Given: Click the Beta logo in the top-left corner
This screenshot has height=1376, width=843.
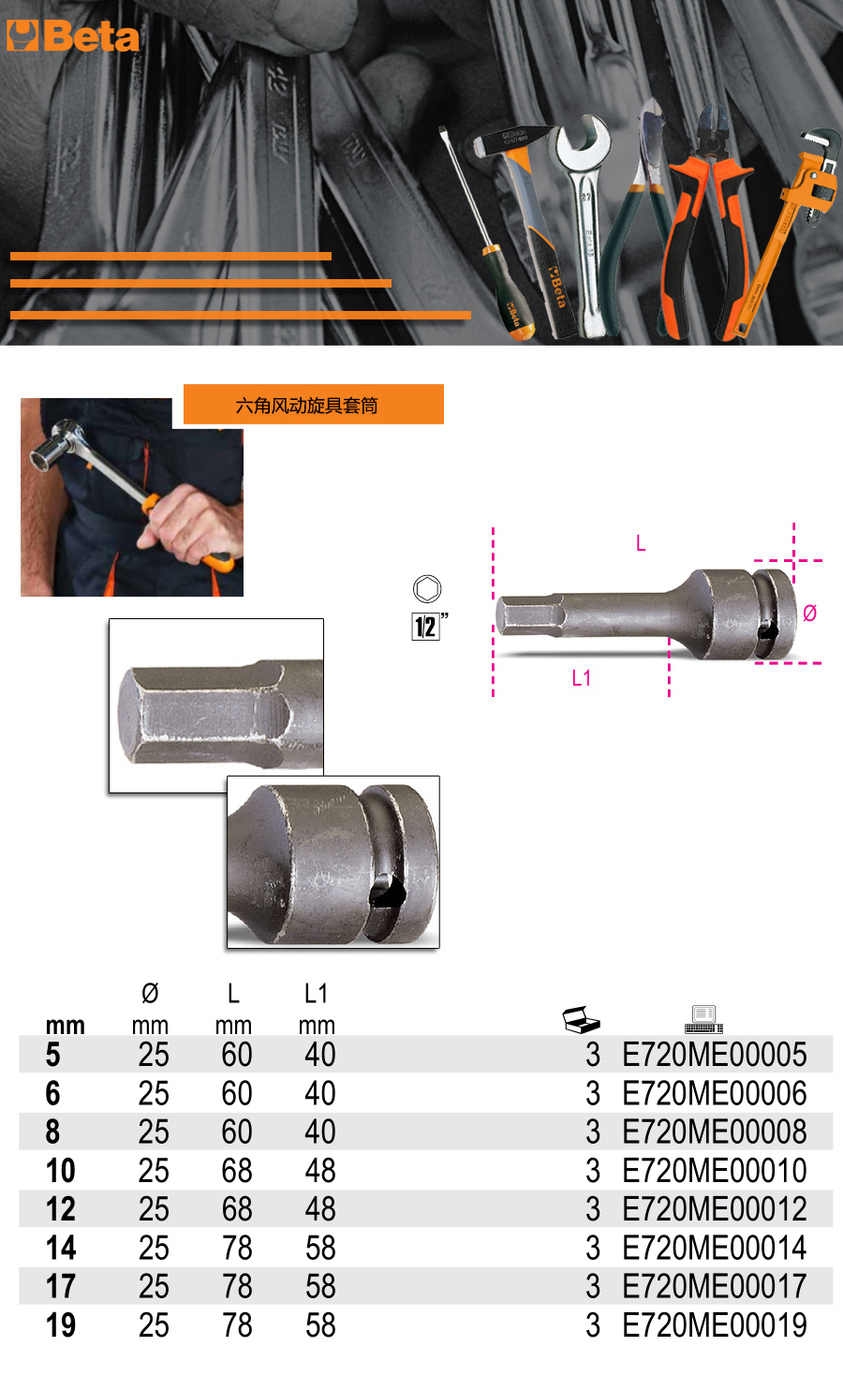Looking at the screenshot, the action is point(72,37).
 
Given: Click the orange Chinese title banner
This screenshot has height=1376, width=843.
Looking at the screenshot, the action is point(314,405).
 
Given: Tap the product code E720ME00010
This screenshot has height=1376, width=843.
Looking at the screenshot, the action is point(714,1170).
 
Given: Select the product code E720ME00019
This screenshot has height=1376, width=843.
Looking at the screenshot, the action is point(714,1325).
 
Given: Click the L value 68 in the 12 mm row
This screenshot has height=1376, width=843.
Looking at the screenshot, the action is point(237,1209).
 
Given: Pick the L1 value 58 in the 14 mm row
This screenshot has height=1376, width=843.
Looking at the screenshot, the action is point(320,1248).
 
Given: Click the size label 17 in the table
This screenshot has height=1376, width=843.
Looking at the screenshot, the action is point(61,1286).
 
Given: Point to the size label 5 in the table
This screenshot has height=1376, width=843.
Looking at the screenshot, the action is point(52,1055).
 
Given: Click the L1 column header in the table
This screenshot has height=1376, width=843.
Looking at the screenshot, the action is point(316,994).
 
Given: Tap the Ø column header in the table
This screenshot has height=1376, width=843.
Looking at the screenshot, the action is point(150,993).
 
